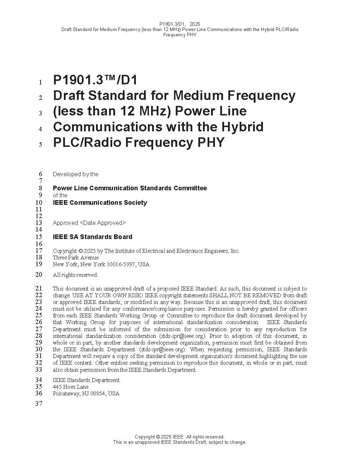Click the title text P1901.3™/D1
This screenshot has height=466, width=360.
pos(95,80)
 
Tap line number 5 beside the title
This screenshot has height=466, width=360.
pos(40,144)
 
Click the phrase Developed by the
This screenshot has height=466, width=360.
pos(76,174)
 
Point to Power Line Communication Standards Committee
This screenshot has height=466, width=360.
pos(130,188)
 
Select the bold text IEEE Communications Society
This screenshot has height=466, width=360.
pos(100,203)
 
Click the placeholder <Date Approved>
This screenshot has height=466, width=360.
pos(103,223)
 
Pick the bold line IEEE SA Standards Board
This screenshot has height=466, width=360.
pos(92,237)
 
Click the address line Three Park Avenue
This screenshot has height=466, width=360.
pos(76,258)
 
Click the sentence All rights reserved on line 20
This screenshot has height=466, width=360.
pos(75,275)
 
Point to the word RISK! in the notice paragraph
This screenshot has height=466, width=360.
pos(135,295)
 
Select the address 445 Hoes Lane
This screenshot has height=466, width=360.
pos(71,387)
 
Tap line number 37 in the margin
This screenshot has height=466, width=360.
pos(38,404)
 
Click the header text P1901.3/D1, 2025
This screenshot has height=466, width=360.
pos(180,24)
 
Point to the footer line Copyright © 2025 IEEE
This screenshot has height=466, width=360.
pos(180,437)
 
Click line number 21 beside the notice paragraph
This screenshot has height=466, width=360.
pos(38,288)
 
